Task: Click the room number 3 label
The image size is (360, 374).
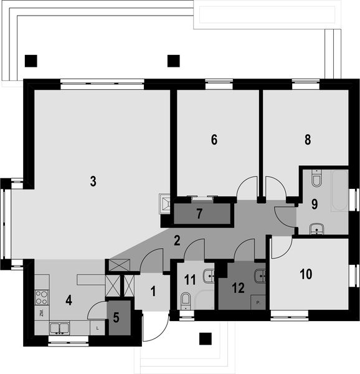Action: [x=92, y=181]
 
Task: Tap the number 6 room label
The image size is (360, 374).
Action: [x=214, y=140]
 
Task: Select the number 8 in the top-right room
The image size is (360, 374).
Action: [x=308, y=140]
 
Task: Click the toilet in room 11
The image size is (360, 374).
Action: [x=184, y=302]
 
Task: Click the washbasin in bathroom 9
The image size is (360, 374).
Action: [x=316, y=228]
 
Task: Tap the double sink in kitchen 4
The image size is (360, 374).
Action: [x=60, y=328]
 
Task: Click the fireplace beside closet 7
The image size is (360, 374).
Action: [x=166, y=203]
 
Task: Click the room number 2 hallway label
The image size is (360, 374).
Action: [x=177, y=240]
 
